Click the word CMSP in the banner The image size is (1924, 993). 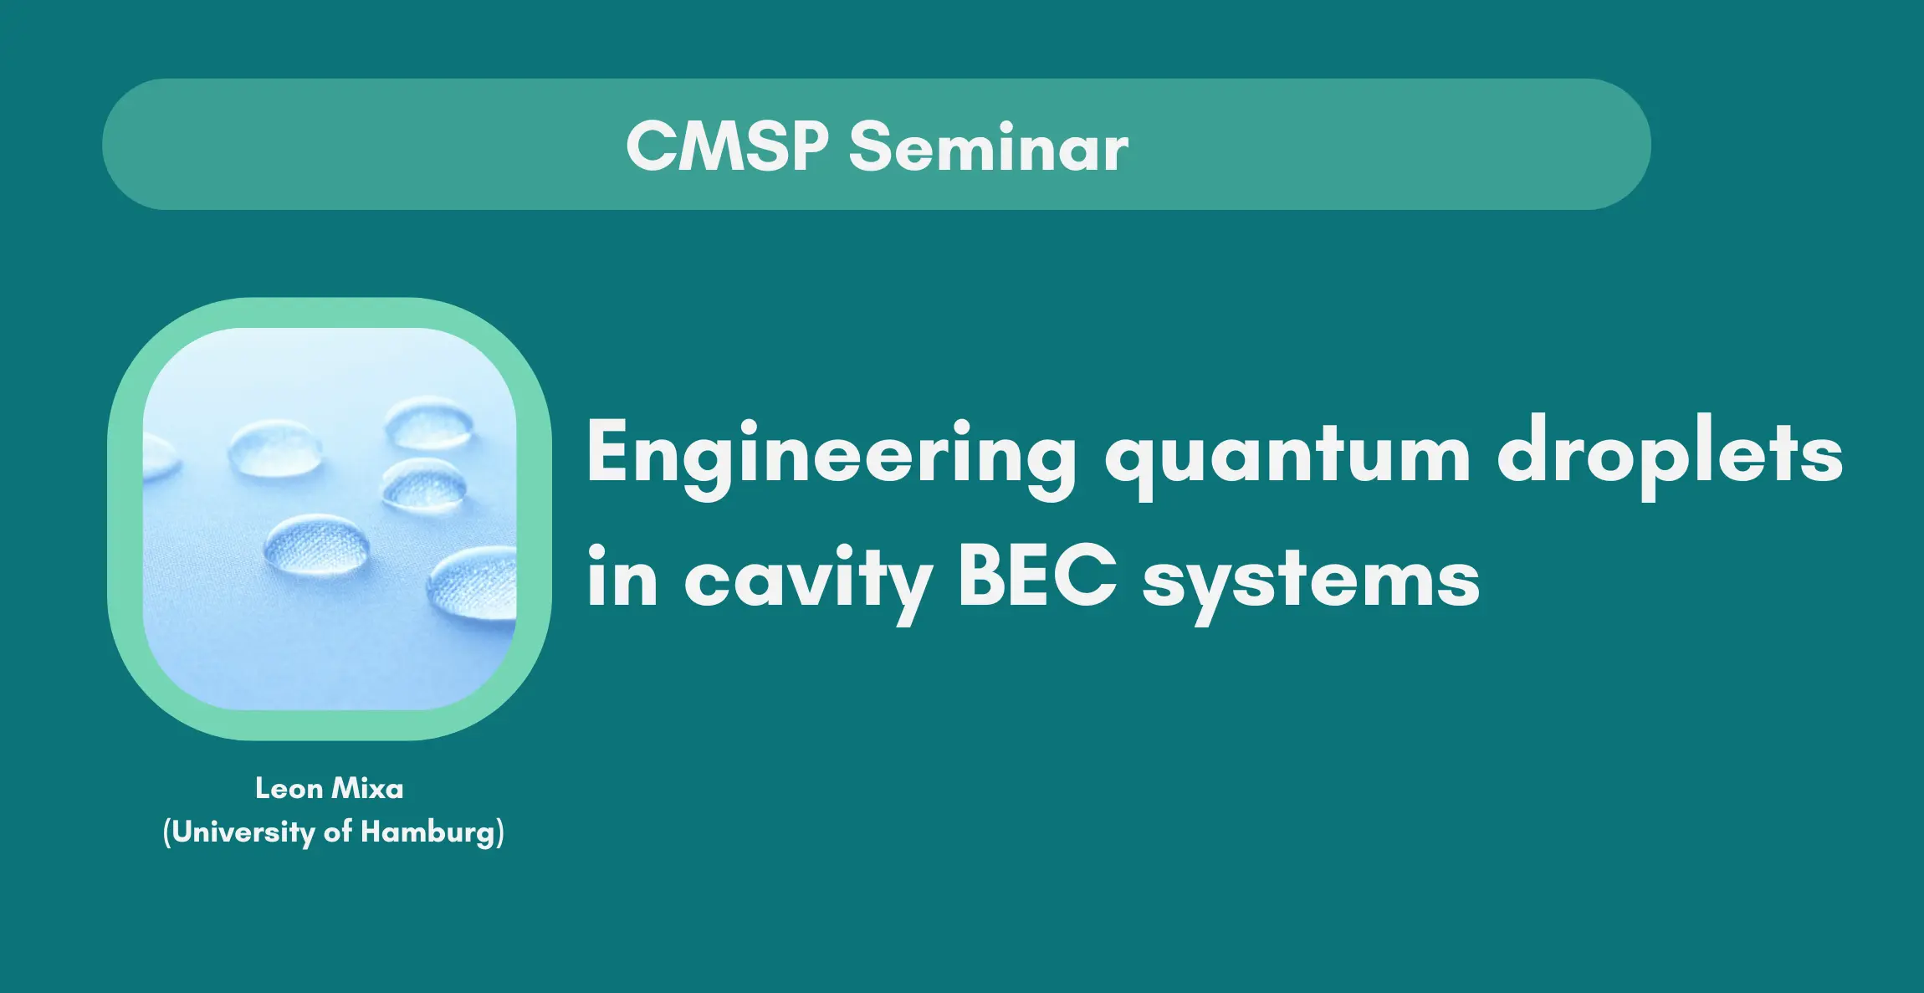727,146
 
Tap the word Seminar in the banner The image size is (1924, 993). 989,146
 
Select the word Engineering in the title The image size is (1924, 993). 832,457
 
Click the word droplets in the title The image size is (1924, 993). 1670,457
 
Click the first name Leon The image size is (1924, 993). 289,788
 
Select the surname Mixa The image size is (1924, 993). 368,788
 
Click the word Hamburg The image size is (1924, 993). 428,833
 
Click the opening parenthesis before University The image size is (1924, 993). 166,833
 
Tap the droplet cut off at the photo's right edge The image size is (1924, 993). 473,583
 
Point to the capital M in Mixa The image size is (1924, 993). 345,788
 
